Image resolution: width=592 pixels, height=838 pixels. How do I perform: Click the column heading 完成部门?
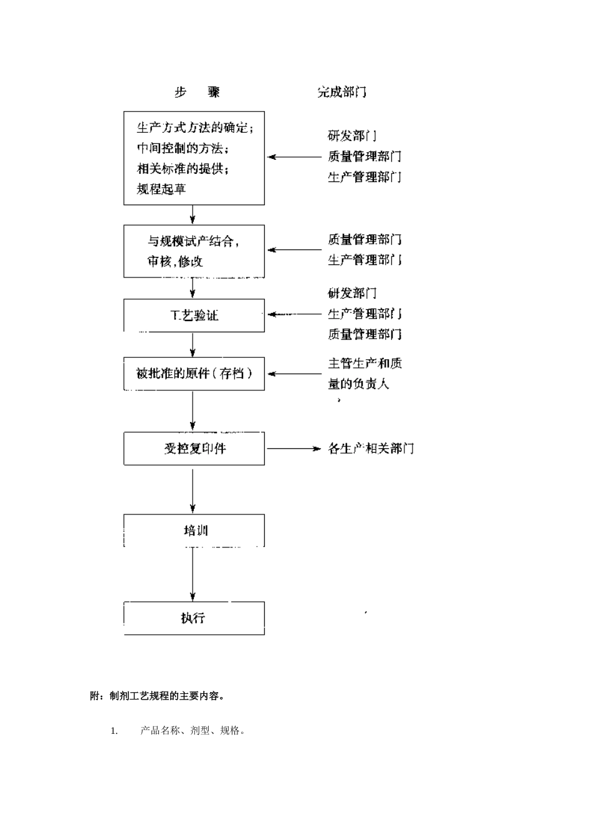click(341, 92)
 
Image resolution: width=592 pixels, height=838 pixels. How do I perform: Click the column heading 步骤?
click(197, 92)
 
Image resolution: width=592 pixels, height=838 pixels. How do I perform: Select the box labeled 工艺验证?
click(194, 315)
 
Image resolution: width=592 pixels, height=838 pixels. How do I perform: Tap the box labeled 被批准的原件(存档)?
click(194, 374)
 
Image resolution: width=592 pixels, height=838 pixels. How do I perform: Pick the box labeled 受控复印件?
click(194, 448)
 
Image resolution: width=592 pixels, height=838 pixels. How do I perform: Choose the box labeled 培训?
click(194, 531)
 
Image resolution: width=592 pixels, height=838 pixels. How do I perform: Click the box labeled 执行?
click(194, 618)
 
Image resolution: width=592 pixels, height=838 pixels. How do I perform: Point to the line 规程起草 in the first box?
click(161, 189)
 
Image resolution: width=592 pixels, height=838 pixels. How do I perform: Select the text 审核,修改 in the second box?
click(175, 261)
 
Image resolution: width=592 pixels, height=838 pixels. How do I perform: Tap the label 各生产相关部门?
click(371, 449)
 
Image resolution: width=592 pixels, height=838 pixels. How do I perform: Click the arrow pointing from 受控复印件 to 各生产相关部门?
click(293, 448)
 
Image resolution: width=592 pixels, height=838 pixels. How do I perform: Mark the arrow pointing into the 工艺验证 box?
click(293, 314)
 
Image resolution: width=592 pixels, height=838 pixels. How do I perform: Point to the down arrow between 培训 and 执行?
click(193, 574)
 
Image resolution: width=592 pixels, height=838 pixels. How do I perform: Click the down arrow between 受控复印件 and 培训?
click(193, 489)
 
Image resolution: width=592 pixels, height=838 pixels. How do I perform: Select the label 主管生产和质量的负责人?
click(365, 373)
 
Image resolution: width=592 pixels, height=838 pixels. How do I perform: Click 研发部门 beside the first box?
click(352, 136)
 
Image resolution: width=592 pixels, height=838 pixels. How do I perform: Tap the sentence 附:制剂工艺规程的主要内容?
click(157, 696)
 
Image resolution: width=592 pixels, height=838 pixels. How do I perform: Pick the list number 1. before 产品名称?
click(114, 731)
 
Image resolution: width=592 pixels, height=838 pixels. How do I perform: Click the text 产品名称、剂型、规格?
click(192, 731)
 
